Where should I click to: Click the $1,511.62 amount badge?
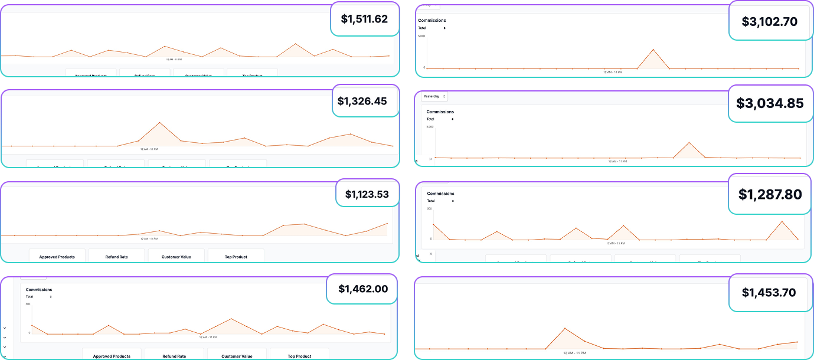[x=364, y=19]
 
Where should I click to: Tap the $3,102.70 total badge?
[x=769, y=22]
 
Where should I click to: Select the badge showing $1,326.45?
[x=362, y=101]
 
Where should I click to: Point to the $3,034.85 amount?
[x=770, y=103]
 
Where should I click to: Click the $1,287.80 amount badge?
[x=770, y=194]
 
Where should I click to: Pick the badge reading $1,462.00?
[x=362, y=289]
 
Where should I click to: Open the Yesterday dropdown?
[x=434, y=96]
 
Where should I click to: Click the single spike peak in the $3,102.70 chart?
[x=653, y=50]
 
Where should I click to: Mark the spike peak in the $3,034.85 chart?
[x=689, y=142]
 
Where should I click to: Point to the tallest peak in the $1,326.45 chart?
[x=159, y=123]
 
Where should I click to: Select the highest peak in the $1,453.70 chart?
[x=565, y=328]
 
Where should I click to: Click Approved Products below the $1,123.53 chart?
[x=57, y=257]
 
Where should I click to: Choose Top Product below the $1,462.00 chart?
[x=299, y=356]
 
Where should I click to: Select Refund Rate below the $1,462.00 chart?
[x=174, y=356]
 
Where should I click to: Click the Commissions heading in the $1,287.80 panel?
[x=440, y=194]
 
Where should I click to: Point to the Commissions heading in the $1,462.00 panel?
[x=38, y=290]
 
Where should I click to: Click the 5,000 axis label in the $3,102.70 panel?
[x=421, y=36]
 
